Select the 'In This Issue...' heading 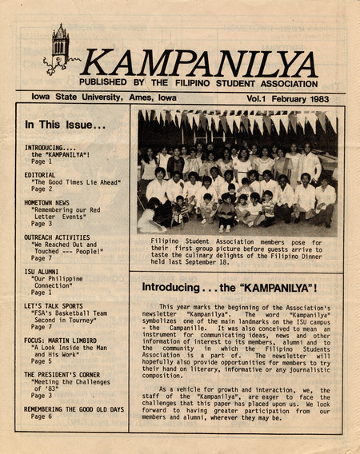(65, 125)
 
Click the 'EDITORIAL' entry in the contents (40, 175)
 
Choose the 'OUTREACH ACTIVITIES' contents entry (57, 237)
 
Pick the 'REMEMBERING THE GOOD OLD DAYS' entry (74, 408)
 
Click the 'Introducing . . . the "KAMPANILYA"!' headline (230, 286)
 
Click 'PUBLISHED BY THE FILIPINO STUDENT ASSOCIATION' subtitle (198, 82)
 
